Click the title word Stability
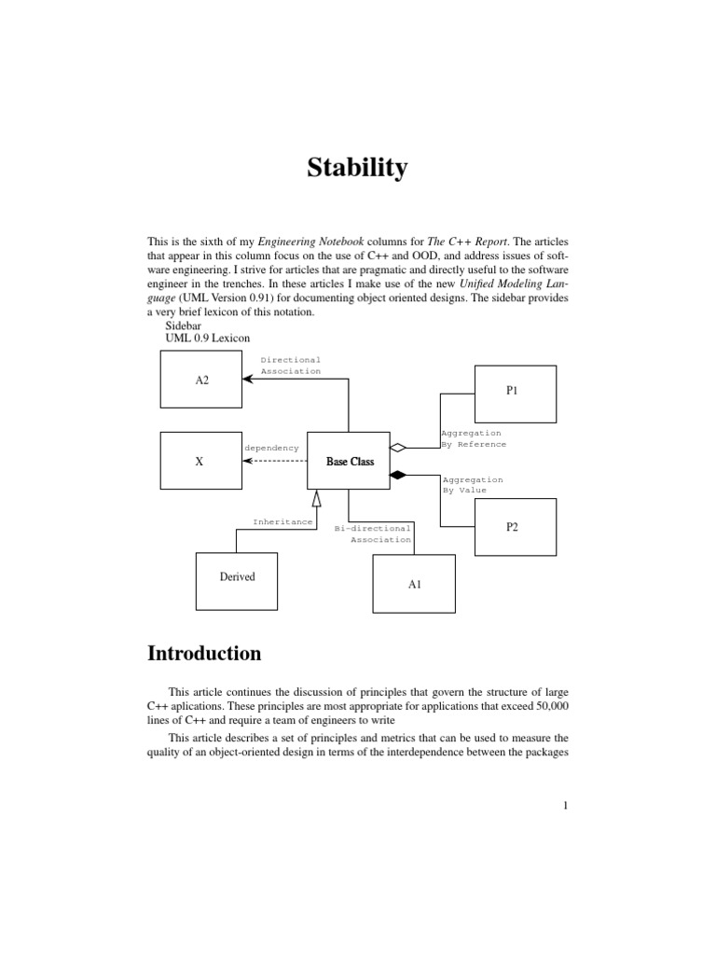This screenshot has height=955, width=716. point(358,169)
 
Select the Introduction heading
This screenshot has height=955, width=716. point(204,654)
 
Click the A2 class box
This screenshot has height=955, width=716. point(201,380)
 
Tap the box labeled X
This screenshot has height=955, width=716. point(200,461)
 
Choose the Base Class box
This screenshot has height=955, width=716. point(350,461)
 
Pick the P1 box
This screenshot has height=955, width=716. point(516,393)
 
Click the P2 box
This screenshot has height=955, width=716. point(516,527)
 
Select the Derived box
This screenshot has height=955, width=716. point(237,577)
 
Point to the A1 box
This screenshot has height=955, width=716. point(415,584)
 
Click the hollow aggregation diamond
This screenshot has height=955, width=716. point(398,448)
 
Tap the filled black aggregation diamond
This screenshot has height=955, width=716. point(398,476)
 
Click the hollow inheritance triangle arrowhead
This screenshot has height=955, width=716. point(317,499)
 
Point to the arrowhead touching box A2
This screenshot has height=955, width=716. point(247,380)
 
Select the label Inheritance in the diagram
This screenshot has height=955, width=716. point(282,522)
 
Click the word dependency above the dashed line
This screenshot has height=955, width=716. point(271,448)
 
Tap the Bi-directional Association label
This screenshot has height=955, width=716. point(373,533)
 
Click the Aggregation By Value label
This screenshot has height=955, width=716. point(472,484)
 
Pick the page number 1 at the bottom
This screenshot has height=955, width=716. point(565,807)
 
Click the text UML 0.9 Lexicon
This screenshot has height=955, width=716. point(208,339)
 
